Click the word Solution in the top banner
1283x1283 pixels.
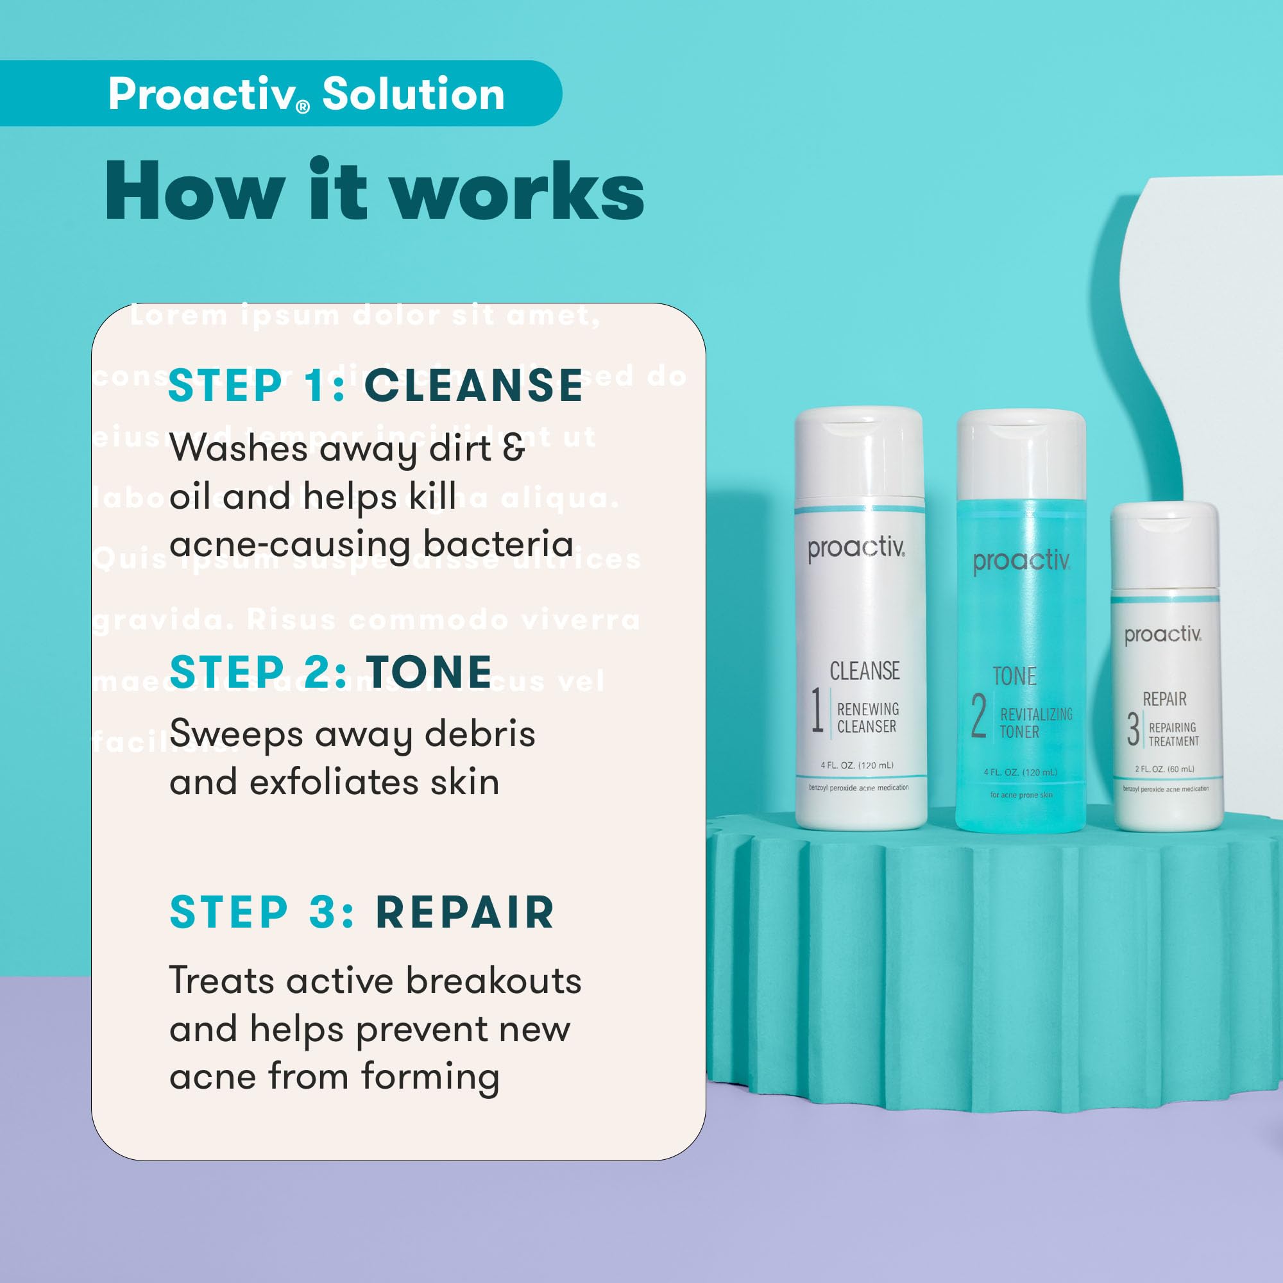click(413, 94)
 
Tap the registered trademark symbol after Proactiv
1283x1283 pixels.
click(303, 107)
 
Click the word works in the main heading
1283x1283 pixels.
click(516, 192)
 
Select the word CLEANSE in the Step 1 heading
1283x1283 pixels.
click(473, 385)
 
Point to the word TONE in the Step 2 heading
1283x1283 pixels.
click(429, 672)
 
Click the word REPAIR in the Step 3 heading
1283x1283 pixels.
click(465, 912)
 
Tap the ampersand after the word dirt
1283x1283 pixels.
click(513, 447)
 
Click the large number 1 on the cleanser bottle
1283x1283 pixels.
click(817, 711)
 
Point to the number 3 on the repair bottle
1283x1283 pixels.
click(1134, 729)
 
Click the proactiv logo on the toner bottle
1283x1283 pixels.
click(1021, 561)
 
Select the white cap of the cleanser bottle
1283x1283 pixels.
click(860, 455)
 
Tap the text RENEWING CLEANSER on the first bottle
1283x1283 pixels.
click(867, 718)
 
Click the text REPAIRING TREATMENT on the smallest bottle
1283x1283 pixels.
click(1173, 735)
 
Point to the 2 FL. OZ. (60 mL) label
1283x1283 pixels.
click(1164, 769)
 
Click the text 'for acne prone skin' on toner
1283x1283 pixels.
click(1021, 795)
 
